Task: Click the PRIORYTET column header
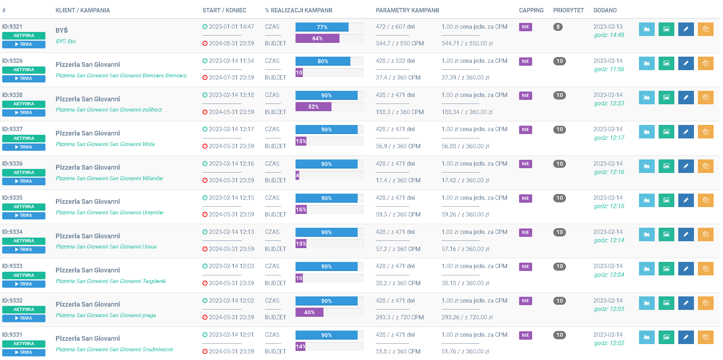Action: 568,10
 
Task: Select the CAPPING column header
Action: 531,10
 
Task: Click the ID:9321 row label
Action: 12,27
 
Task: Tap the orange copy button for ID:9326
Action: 705,63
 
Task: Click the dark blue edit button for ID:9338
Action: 686,97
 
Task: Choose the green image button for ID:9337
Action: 666,132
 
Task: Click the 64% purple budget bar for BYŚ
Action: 317,38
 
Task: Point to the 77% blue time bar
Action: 322,27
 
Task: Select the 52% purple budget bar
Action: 313,106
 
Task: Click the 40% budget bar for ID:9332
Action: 309,312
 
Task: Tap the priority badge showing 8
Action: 558,27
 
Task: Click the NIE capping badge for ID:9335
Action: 525,198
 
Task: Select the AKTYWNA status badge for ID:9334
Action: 24,241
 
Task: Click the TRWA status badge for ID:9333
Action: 24,284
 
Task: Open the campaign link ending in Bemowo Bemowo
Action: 121,76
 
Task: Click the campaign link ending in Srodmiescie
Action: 114,349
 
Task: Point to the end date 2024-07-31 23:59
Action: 231,77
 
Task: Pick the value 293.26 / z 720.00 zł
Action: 467,317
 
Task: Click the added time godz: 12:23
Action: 609,103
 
